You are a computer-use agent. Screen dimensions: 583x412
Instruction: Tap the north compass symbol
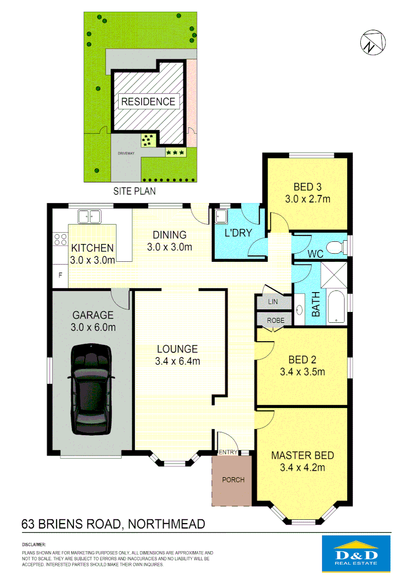(x=372, y=42)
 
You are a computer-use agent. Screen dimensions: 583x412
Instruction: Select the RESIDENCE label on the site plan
(x=148, y=101)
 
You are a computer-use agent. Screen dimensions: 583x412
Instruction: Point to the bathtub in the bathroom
(x=336, y=307)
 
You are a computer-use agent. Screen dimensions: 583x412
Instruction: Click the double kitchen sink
(x=90, y=217)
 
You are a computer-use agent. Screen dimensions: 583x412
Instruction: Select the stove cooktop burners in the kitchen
(x=60, y=239)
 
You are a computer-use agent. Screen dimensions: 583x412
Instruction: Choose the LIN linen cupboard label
(x=273, y=302)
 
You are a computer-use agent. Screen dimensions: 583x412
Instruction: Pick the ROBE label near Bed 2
(x=273, y=320)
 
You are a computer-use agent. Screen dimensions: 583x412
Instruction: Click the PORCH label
(x=233, y=479)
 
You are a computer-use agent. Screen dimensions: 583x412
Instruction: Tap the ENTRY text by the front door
(x=228, y=452)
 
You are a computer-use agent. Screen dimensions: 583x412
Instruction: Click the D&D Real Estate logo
(x=356, y=554)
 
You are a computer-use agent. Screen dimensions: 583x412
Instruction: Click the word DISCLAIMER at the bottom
(x=33, y=545)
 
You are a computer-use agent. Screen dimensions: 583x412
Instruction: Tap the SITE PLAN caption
(x=134, y=191)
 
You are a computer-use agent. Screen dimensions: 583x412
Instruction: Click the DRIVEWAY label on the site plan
(x=126, y=153)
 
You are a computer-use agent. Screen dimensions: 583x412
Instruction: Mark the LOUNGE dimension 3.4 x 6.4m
(x=177, y=361)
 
